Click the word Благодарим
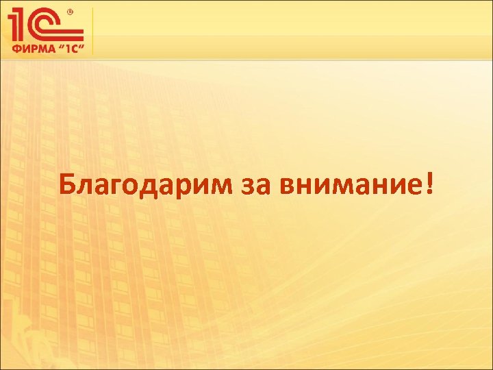coord(146,184)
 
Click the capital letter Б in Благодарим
coord(67,183)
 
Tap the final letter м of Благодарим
coord(223,185)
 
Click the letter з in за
coord(248,185)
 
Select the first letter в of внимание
coord(281,185)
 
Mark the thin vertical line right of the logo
coord(92,31)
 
